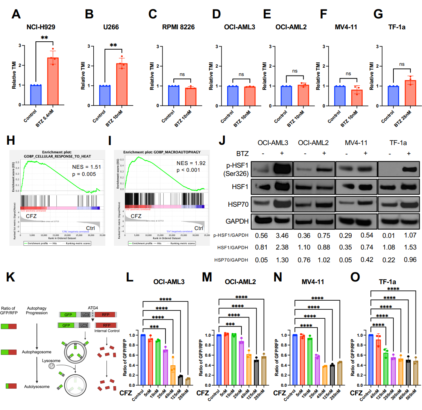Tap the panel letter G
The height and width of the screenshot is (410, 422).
click(x=378, y=14)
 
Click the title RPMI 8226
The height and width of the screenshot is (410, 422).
click(x=178, y=27)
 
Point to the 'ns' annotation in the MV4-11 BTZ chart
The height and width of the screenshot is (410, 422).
click(x=348, y=74)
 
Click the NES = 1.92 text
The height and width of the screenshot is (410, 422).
click(x=191, y=163)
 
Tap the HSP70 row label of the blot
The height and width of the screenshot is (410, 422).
click(x=238, y=204)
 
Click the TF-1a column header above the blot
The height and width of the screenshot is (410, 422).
click(x=398, y=143)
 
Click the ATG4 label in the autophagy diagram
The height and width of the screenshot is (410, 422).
click(x=93, y=307)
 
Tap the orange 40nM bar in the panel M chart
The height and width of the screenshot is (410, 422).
click(x=249, y=369)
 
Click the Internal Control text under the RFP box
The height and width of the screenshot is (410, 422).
click(x=107, y=331)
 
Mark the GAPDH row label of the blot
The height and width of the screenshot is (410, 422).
click(x=237, y=221)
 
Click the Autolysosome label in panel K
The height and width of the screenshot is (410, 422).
click(x=37, y=386)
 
